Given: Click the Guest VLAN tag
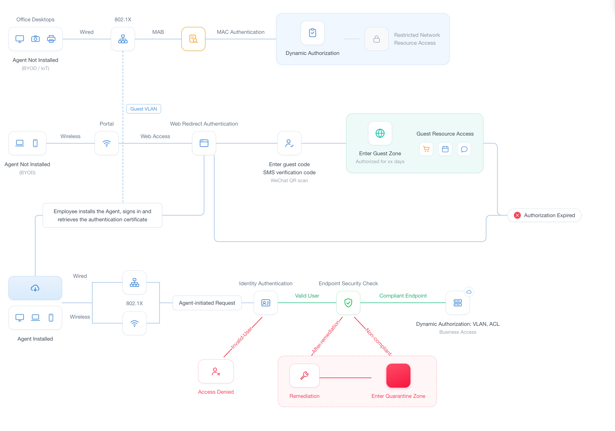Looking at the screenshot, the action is pyautogui.click(x=144, y=109).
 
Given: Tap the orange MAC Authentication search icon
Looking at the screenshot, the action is pyautogui.click(x=193, y=39).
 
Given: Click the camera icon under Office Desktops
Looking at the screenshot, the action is pyautogui.click(x=35, y=39).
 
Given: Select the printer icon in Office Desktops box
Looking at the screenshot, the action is pyautogui.click(x=51, y=39).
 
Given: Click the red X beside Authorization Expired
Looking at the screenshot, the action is pyautogui.click(x=517, y=215).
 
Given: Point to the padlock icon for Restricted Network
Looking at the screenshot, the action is pyautogui.click(x=377, y=39).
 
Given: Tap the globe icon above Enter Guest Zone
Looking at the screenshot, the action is pyautogui.click(x=380, y=133).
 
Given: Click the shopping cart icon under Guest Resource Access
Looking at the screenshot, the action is pyautogui.click(x=426, y=149).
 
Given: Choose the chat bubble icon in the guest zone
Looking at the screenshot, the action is pyautogui.click(x=464, y=149).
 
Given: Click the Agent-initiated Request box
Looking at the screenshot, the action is pyautogui.click(x=207, y=303).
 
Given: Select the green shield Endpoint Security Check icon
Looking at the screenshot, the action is pyautogui.click(x=348, y=303).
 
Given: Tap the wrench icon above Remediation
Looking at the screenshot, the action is pyautogui.click(x=304, y=375).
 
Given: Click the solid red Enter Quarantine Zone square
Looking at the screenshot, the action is pyautogui.click(x=398, y=375).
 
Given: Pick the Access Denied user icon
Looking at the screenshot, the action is pyautogui.click(x=216, y=372).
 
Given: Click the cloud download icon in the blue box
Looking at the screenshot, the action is pyautogui.click(x=35, y=288).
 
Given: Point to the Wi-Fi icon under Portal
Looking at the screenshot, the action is pyautogui.click(x=107, y=143).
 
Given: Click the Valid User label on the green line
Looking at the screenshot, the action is pyautogui.click(x=307, y=295).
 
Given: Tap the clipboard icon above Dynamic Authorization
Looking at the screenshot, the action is pyautogui.click(x=313, y=33).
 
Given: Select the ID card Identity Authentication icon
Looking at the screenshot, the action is pyautogui.click(x=266, y=303).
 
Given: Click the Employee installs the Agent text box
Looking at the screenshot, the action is pyautogui.click(x=102, y=215).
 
